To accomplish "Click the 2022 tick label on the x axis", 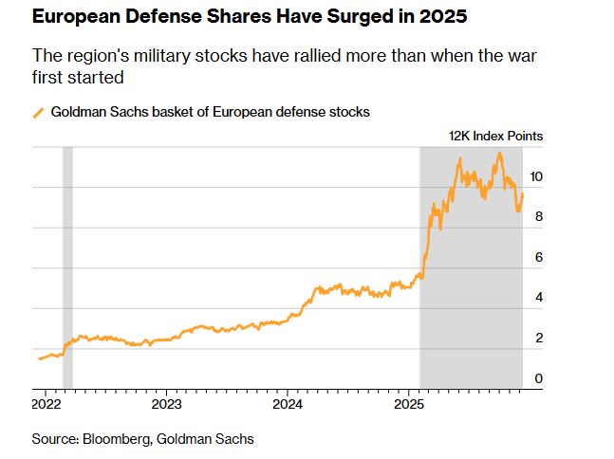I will pyautogui.click(x=46, y=403).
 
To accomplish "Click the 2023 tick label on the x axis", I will pyautogui.click(x=167, y=403).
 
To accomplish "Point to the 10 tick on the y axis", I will pyautogui.click(x=536, y=176).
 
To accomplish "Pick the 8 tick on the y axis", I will pyautogui.click(x=539, y=216).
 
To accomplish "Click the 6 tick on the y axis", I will pyautogui.click(x=539, y=257).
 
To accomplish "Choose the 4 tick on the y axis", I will pyautogui.click(x=539, y=298).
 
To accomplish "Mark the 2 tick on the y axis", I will pyautogui.click(x=539, y=339).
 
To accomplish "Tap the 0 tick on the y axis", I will pyautogui.click(x=539, y=379).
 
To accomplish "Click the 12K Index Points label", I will pyautogui.click(x=495, y=136).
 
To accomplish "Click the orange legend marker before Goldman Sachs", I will pyautogui.click(x=38, y=112).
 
